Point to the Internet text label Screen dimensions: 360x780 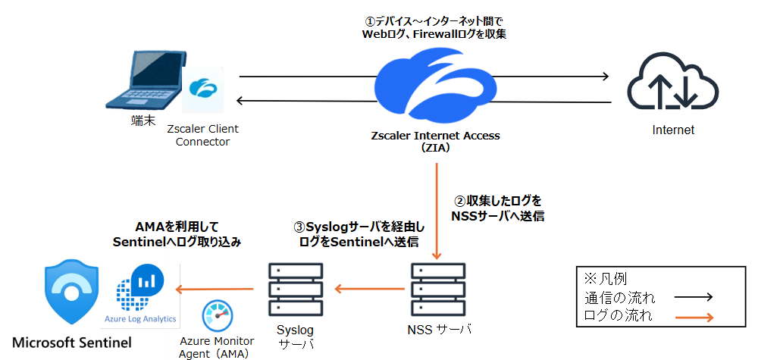673,130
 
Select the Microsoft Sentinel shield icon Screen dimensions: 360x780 73,293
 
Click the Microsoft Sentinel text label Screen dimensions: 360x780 71,343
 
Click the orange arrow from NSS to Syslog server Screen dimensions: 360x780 369,288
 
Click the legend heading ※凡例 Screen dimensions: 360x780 606,278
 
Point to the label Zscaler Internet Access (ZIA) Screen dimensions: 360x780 435,142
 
